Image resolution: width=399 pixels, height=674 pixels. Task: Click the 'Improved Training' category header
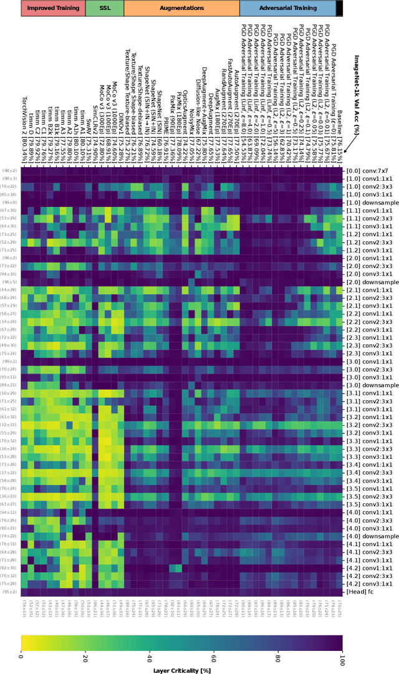[x=53, y=8]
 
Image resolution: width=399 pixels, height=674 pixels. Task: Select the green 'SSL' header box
[x=104, y=8]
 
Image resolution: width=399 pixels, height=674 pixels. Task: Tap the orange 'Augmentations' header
[x=181, y=8]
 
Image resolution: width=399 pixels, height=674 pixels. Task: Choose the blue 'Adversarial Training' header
[x=287, y=8]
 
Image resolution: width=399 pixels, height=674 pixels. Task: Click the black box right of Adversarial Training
[x=339, y=8]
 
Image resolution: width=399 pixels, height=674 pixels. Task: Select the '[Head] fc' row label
[x=360, y=592]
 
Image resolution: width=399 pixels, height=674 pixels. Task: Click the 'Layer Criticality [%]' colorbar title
[x=181, y=670]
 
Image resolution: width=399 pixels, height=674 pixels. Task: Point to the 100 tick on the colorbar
[x=342, y=657]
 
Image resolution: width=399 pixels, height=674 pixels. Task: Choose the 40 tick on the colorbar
[x=149, y=657]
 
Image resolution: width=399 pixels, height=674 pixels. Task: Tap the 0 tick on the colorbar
[x=21, y=657]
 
